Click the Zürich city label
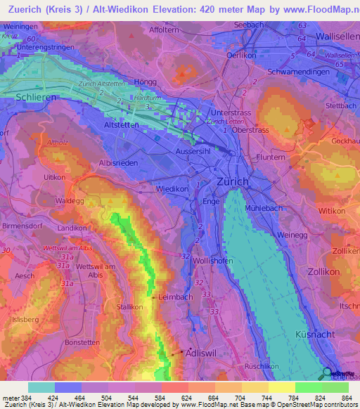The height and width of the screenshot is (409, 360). [231, 181]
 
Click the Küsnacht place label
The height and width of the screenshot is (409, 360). [317, 333]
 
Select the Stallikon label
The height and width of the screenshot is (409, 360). [130, 307]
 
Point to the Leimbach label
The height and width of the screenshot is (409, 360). [175, 297]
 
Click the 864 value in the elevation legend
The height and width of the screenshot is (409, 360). [346, 397]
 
